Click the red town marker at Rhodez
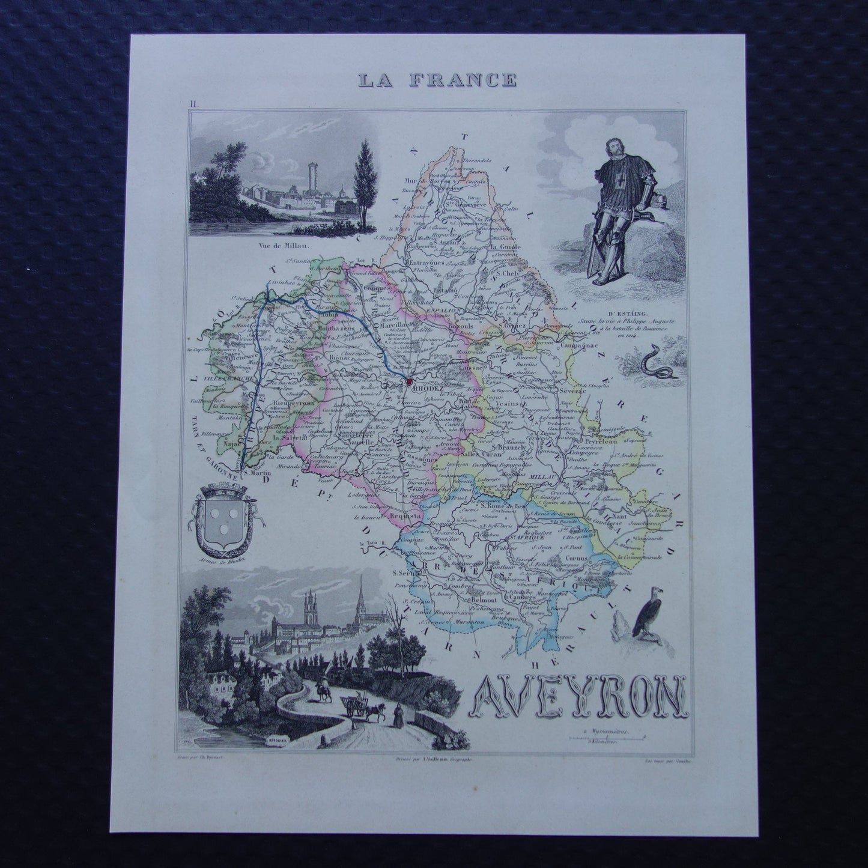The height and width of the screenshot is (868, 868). pyautogui.click(x=408, y=381)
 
